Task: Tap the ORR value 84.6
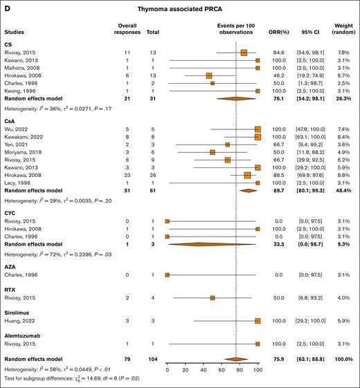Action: tap(274, 53)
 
